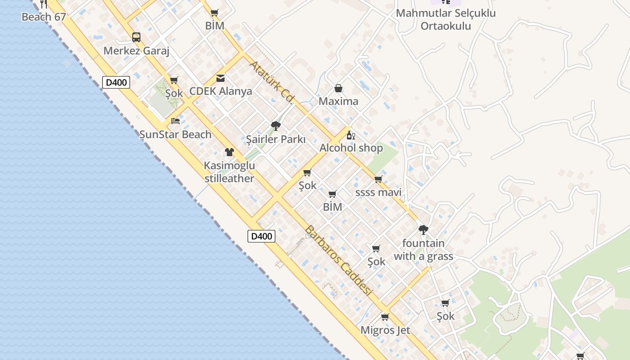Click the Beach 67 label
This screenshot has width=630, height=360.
point(44,18)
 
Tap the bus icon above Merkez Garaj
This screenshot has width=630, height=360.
point(136,37)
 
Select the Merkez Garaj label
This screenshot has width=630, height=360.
point(136,51)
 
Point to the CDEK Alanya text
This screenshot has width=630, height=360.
point(220,91)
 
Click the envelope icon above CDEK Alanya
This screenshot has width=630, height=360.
point(220,78)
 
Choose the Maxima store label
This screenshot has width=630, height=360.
point(338,101)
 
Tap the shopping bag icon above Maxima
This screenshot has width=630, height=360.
point(338,88)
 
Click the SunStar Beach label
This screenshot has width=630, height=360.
point(175,134)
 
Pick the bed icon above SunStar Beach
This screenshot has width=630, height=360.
point(175,121)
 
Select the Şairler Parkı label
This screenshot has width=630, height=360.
point(276,139)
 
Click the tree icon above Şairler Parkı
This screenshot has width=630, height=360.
point(276,126)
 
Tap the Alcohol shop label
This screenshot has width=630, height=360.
point(351,148)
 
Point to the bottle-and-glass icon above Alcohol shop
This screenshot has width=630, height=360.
point(351,135)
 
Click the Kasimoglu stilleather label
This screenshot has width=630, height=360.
point(229,172)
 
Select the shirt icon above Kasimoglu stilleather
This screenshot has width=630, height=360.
point(229,152)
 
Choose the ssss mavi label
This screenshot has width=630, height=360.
point(378,193)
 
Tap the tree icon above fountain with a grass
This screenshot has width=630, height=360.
point(423,230)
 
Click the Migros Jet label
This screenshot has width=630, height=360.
point(385,330)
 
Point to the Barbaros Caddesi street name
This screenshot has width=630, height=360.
point(339,260)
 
